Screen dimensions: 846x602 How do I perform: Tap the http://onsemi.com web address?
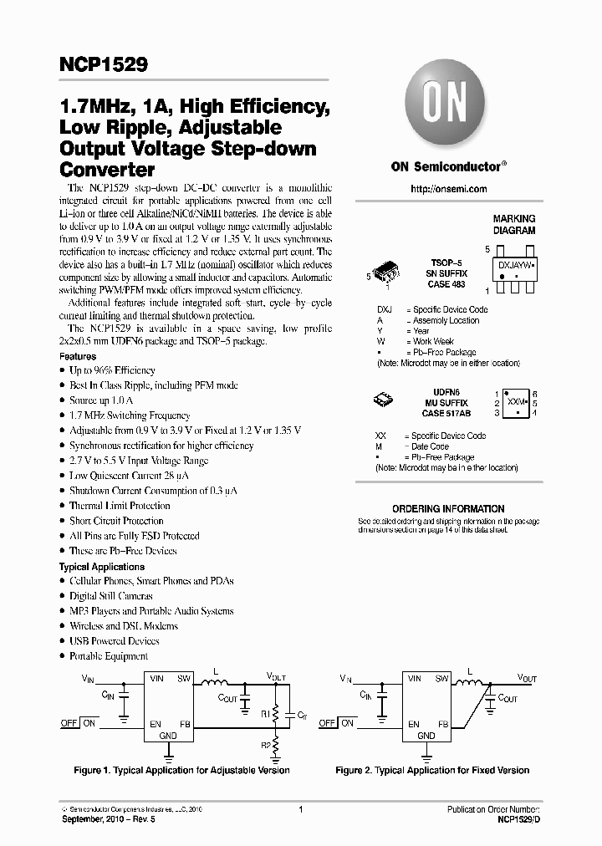[x=448, y=189]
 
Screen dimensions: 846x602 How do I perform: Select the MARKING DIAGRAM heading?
[x=513, y=224]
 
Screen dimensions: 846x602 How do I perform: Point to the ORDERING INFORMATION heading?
[x=448, y=508]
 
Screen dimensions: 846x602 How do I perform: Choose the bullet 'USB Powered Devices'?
[x=114, y=641]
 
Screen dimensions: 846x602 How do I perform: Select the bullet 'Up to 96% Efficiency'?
[x=112, y=370]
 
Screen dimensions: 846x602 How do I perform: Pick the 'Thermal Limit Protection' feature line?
[x=120, y=506]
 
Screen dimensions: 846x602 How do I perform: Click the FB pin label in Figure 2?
[x=442, y=724]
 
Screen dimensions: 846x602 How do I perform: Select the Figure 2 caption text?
[x=432, y=770]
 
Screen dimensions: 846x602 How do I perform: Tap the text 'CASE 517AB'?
[x=446, y=412]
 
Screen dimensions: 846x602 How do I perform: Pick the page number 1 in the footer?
[x=300, y=809]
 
